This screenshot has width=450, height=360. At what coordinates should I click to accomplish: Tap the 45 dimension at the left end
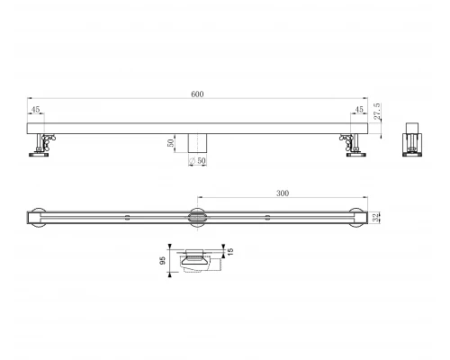[36, 111]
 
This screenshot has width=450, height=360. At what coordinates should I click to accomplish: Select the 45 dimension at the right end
[358, 111]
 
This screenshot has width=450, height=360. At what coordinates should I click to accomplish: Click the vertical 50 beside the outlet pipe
[171, 142]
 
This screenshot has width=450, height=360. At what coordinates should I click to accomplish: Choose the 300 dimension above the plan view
[281, 192]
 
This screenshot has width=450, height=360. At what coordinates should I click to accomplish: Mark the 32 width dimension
[375, 216]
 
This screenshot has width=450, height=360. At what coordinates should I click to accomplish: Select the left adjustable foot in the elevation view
[41, 146]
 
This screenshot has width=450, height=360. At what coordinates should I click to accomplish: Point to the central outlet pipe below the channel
[197, 142]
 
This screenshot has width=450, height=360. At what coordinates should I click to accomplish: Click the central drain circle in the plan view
[197, 216]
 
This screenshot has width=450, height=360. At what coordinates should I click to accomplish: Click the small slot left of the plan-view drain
[127, 216]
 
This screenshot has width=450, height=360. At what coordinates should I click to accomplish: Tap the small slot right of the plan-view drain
[267, 216]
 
